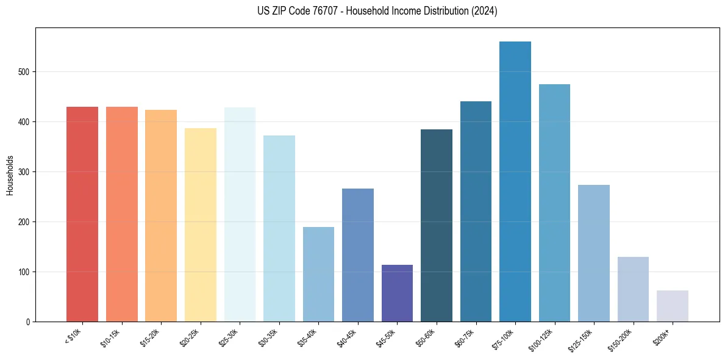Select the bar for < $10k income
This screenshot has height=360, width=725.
pos(82,214)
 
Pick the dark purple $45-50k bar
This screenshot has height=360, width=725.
pos(397,293)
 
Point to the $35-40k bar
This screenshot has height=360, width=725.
pos(318,274)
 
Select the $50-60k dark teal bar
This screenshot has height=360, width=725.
pos(436,225)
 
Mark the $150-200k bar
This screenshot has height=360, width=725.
pos(633,289)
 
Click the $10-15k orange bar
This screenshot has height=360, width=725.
pos(121,214)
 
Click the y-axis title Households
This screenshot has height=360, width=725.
pos(10,175)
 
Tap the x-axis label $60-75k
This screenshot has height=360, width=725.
pos(466,337)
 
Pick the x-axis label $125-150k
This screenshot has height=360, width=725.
pos(584,339)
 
